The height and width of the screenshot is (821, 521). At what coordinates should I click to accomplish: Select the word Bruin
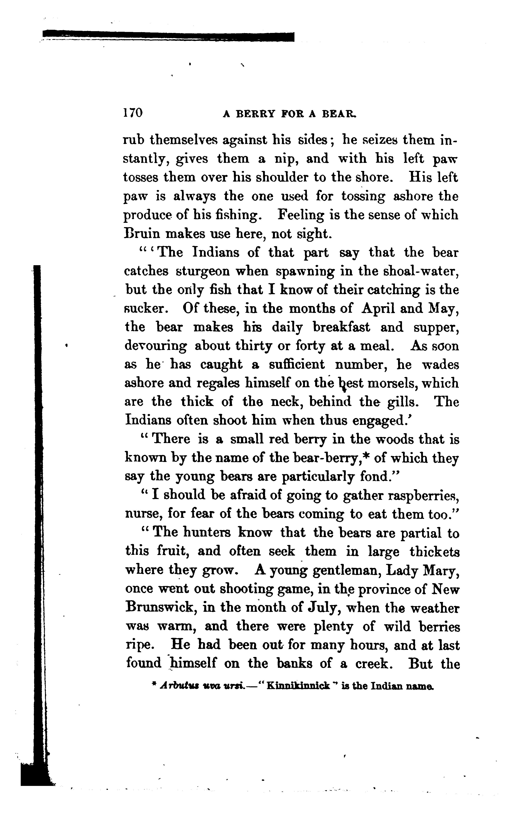[x=142, y=234]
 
